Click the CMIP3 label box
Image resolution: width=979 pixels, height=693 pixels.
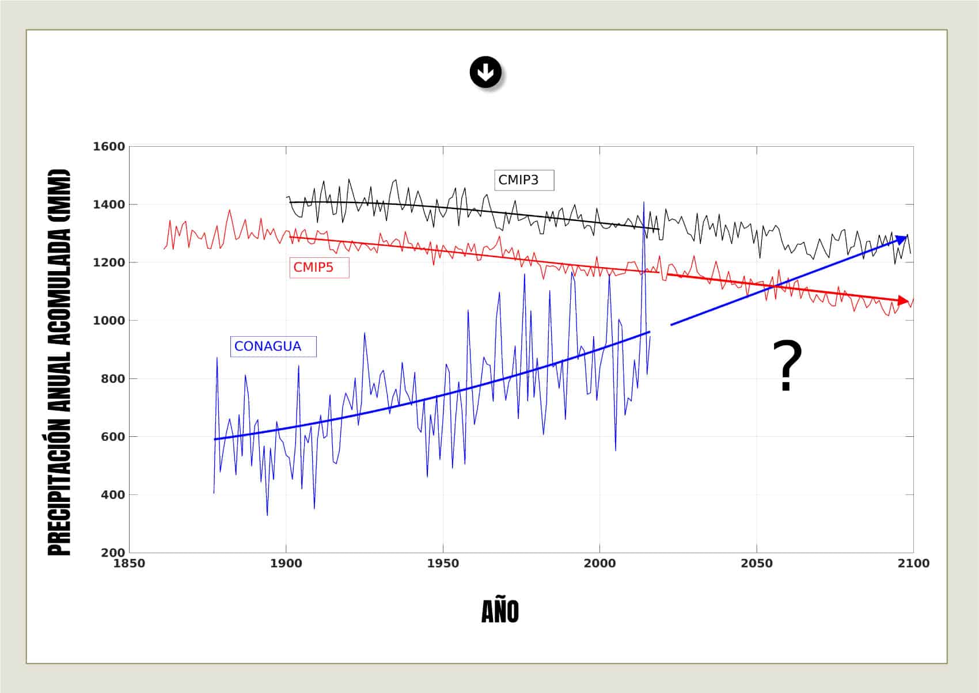pyautogui.click(x=524, y=180)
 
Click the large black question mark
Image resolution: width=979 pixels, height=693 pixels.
pyautogui.click(x=787, y=366)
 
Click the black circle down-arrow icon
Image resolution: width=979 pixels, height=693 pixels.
pyautogui.click(x=485, y=73)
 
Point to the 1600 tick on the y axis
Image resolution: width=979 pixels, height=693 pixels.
pyautogui.click(x=109, y=147)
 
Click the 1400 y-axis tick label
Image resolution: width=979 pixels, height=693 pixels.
pyautogui.click(x=109, y=205)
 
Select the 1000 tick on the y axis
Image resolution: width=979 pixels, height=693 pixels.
pyautogui.click(x=109, y=321)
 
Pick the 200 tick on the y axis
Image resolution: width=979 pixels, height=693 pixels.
pyautogui.click(x=112, y=553)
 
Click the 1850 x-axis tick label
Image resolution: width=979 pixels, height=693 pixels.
pyautogui.click(x=129, y=563)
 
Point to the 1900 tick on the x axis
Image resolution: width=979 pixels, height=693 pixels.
pyautogui.click(x=286, y=563)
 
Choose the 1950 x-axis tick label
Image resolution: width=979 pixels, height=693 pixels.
pyautogui.click(x=443, y=563)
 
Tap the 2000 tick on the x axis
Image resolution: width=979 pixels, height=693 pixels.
pyautogui.click(x=599, y=563)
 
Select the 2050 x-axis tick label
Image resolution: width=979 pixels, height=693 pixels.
pyautogui.click(x=757, y=563)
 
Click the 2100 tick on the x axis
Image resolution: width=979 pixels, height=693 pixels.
pyautogui.click(x=913, y=563)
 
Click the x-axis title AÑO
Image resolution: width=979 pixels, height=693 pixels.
pyautogui.click(x=500, y=612)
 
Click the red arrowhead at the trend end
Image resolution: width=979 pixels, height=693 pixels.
pyautogui.click(x=905, y=300)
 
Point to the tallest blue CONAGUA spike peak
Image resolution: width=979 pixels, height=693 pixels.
pyautogui.click(x=644, y=202)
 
